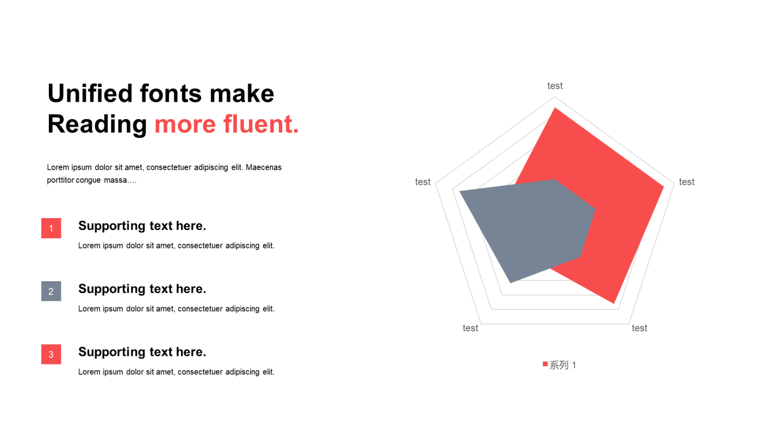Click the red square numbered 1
pos(51,228)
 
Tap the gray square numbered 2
pos(51,291)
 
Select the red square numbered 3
pos(51,355)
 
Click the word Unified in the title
pos(90,94)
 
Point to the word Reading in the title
pos(97,125)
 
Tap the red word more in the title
pos(185,125)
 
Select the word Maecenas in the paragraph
pos(264,167)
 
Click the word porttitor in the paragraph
pos(60,180)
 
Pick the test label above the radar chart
pos(555,86)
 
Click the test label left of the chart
pos(423,182)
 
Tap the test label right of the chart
pos(686,182)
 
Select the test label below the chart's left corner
pos(470,328)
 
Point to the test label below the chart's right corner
pos(639,328)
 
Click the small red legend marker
pos(545,364)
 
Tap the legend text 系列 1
pos(563,365)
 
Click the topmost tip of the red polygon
pos(555,108)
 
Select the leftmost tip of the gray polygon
pos(460,192)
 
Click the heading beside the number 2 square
pos(142,289)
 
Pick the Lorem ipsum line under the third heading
pos(176,372)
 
